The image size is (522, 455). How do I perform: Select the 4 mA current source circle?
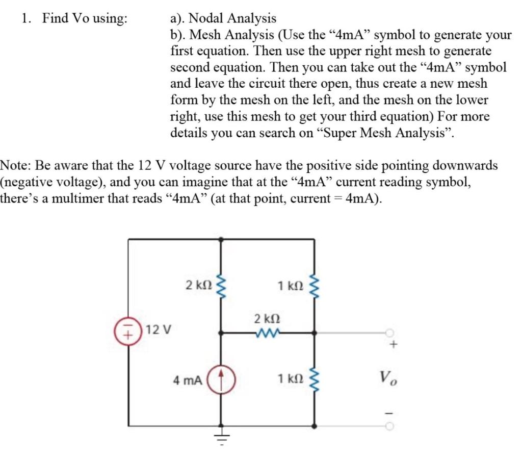click(221, 380)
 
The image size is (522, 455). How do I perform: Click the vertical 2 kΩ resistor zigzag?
click(221, 285)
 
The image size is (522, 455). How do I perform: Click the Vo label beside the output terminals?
click(387, 379)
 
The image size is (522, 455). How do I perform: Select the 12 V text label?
click(158, 330)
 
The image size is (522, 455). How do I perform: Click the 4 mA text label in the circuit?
click(188, 380)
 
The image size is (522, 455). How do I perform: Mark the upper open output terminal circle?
click(390, 334)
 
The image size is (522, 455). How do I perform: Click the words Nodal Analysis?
click(232, 19)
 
